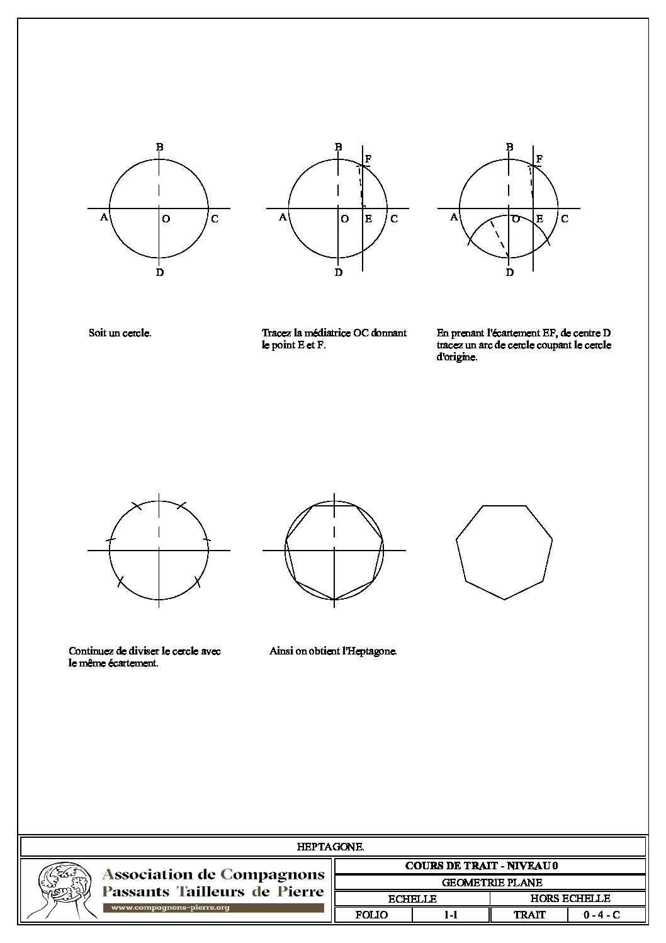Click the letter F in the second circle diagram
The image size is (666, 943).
[368, 158]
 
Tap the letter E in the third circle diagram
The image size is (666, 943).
[539, 219]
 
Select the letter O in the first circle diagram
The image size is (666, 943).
[166, 219]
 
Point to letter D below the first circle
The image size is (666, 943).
[160, 273]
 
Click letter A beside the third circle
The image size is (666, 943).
[454, 217]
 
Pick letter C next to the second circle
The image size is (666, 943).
[394, 219]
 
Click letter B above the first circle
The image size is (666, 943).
[160, 147]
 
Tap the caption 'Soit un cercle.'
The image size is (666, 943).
[120, 333]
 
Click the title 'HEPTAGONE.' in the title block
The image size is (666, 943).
[330, 847]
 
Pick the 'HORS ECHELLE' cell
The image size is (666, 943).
[569, 899]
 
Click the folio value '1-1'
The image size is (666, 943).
[451, 915]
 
